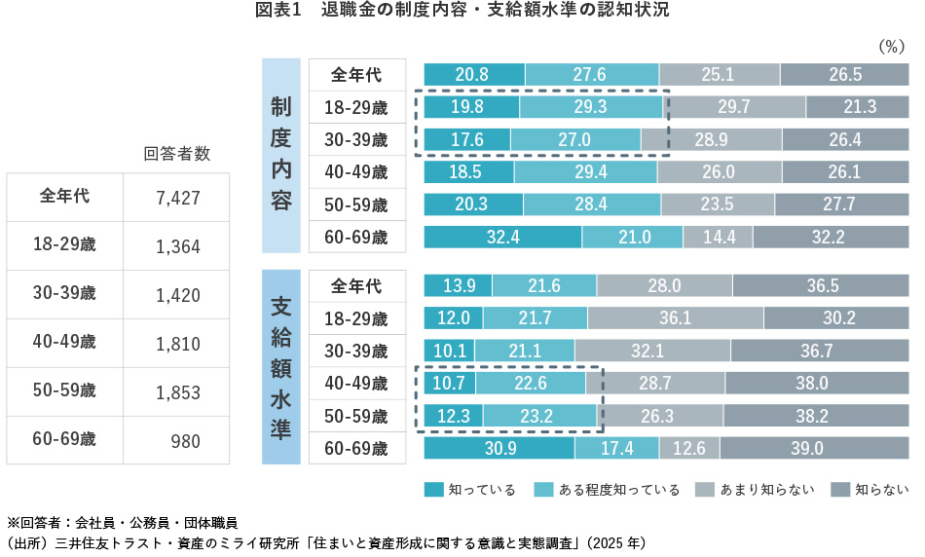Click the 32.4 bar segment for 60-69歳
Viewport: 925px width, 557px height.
502,237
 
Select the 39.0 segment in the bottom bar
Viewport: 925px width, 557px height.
807,448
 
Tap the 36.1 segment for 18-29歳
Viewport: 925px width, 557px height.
676,318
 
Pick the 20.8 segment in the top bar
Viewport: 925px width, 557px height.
474,75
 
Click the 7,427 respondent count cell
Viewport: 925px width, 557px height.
177,198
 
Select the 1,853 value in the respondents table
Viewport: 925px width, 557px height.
177,392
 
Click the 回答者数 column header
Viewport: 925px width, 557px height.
176,153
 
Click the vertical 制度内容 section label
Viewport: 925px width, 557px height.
280,155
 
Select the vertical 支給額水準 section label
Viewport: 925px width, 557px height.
280,366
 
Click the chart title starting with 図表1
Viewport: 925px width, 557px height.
462,12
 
